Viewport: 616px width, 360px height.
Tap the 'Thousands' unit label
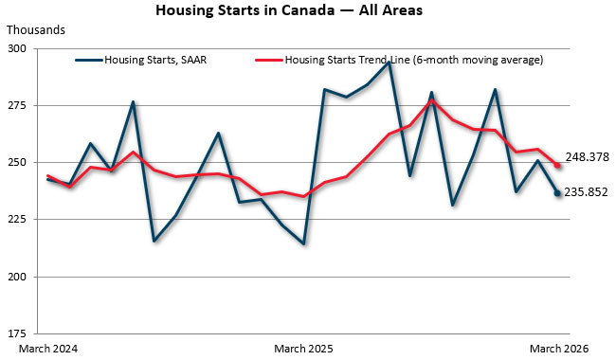coord(33,29)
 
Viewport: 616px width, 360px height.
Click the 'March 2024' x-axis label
coord(47,349)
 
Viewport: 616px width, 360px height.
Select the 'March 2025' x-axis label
coord(304,349)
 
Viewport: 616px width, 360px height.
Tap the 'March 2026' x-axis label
coord(558,349)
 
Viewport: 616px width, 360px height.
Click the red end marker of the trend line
coord(557,166)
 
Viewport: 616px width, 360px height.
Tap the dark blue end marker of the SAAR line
coord(557,193)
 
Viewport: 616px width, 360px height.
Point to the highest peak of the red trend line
coord(431,99)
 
